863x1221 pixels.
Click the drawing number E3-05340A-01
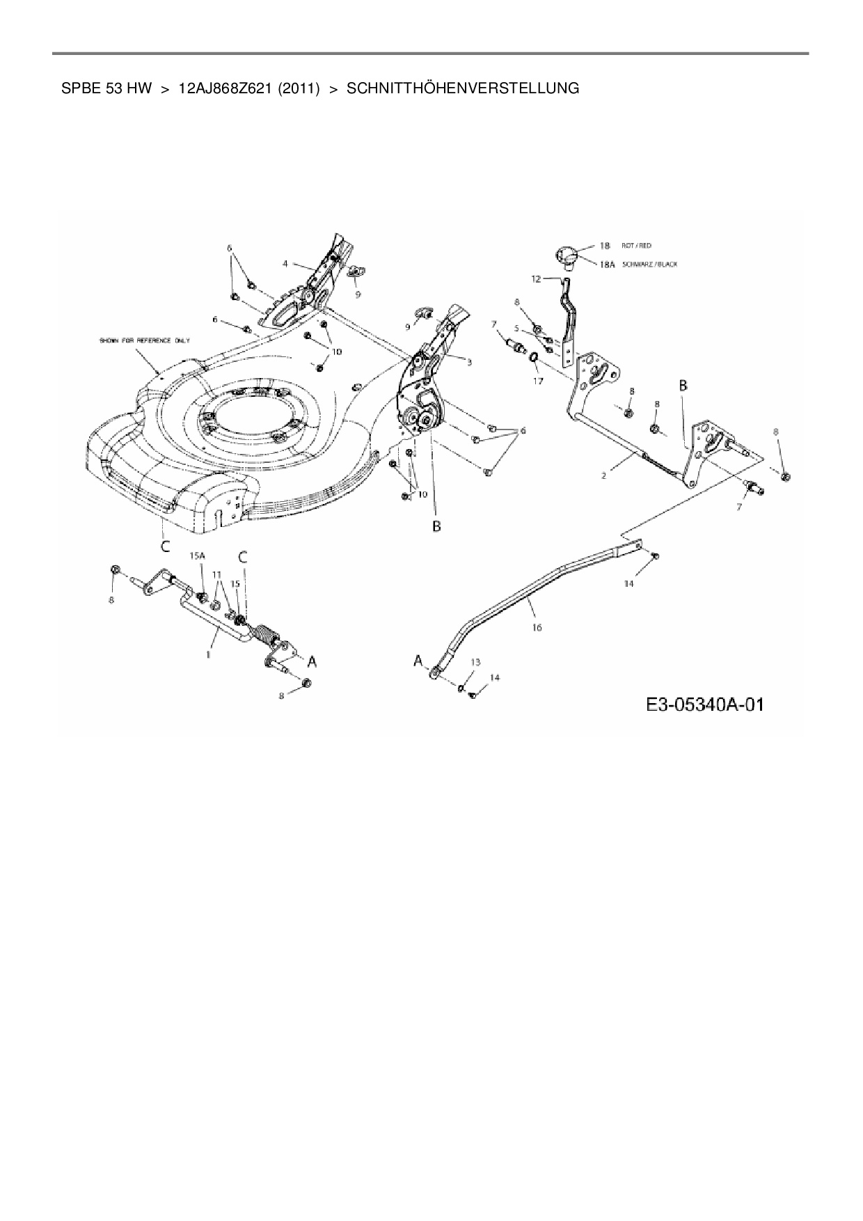(x=704, y=704)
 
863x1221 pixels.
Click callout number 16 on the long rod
(x=537, y=627)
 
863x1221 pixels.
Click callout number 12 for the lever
(x=535, y=278)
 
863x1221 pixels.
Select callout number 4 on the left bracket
(x=285, y=264)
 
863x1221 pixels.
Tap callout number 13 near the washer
(x=475, y=662)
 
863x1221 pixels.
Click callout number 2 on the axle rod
(x=603, y=475)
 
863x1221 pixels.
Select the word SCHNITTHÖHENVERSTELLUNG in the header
(x=463, y=88)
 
